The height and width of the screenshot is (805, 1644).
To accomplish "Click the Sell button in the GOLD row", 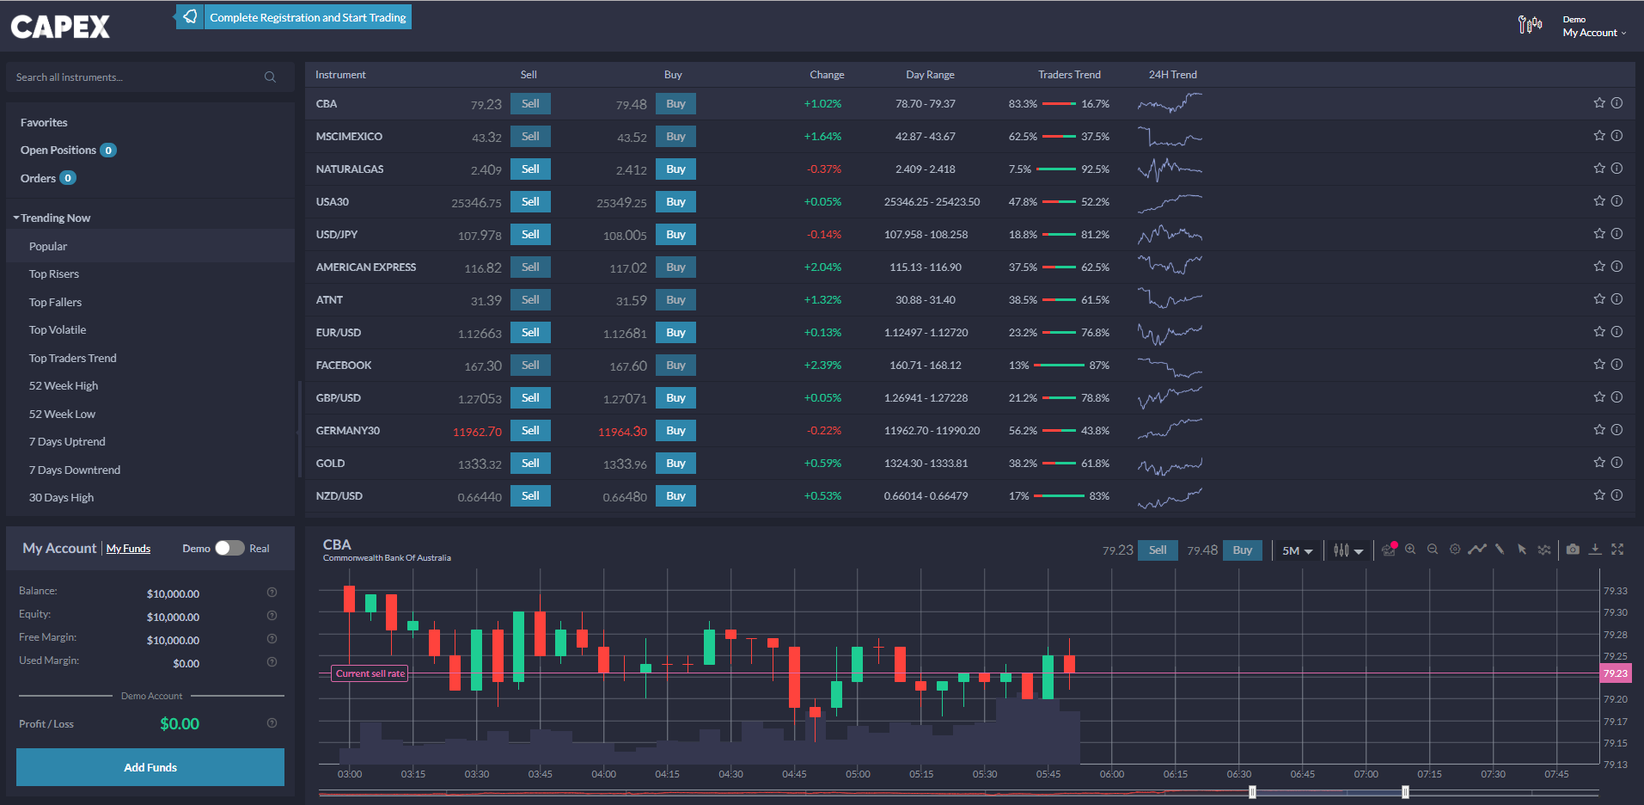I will (530, 464).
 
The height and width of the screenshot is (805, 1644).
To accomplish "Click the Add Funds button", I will (150, 767).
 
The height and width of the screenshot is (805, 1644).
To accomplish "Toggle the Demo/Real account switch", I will (229, 549).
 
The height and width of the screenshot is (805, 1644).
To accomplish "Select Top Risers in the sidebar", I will (54, 274).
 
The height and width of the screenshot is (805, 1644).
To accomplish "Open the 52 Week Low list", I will (62, 415).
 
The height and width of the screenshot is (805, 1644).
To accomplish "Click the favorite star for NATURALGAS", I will (1598, 169).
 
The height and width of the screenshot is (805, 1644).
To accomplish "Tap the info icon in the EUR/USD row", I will (1616, 332).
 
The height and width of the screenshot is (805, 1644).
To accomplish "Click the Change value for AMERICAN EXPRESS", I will (822, 267).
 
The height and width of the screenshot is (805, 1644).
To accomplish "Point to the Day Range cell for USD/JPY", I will (926, 235).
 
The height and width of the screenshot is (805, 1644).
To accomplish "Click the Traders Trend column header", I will (1069, 75).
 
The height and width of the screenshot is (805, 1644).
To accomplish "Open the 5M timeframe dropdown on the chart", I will (1297, 550).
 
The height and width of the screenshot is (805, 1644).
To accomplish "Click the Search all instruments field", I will (138, 77).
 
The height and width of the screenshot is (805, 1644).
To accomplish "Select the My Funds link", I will (128, 549).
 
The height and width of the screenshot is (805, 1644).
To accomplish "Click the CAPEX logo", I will (60, 27).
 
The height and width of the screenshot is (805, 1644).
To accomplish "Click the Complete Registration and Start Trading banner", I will (307, 17).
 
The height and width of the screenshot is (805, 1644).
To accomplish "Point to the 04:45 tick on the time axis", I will (794, 774).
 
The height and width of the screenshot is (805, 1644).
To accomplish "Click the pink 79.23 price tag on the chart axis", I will (1615, 673).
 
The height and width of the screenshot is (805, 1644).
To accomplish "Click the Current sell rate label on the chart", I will (370, 673).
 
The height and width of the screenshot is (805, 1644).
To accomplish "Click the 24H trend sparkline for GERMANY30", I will (1170, 429).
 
